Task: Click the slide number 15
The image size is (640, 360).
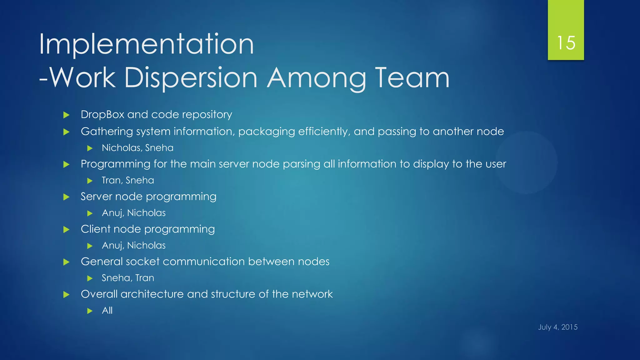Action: click(x=566, y=43)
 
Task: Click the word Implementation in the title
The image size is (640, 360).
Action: click(x=146, y=45)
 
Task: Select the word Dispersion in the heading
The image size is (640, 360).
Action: click(x=191, y=78)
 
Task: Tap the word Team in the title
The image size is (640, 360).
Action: click(x=412, y=78)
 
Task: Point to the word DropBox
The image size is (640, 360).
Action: click(x=102, y=115)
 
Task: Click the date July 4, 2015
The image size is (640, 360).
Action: click(x=558, y=327)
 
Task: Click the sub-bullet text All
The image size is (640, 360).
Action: click(x=107, y=311)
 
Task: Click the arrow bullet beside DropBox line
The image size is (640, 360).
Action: click(x=66, y=115)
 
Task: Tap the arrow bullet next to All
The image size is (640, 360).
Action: click(x=90, y=311)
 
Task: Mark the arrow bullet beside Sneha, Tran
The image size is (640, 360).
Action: click(x=90, y=278)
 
